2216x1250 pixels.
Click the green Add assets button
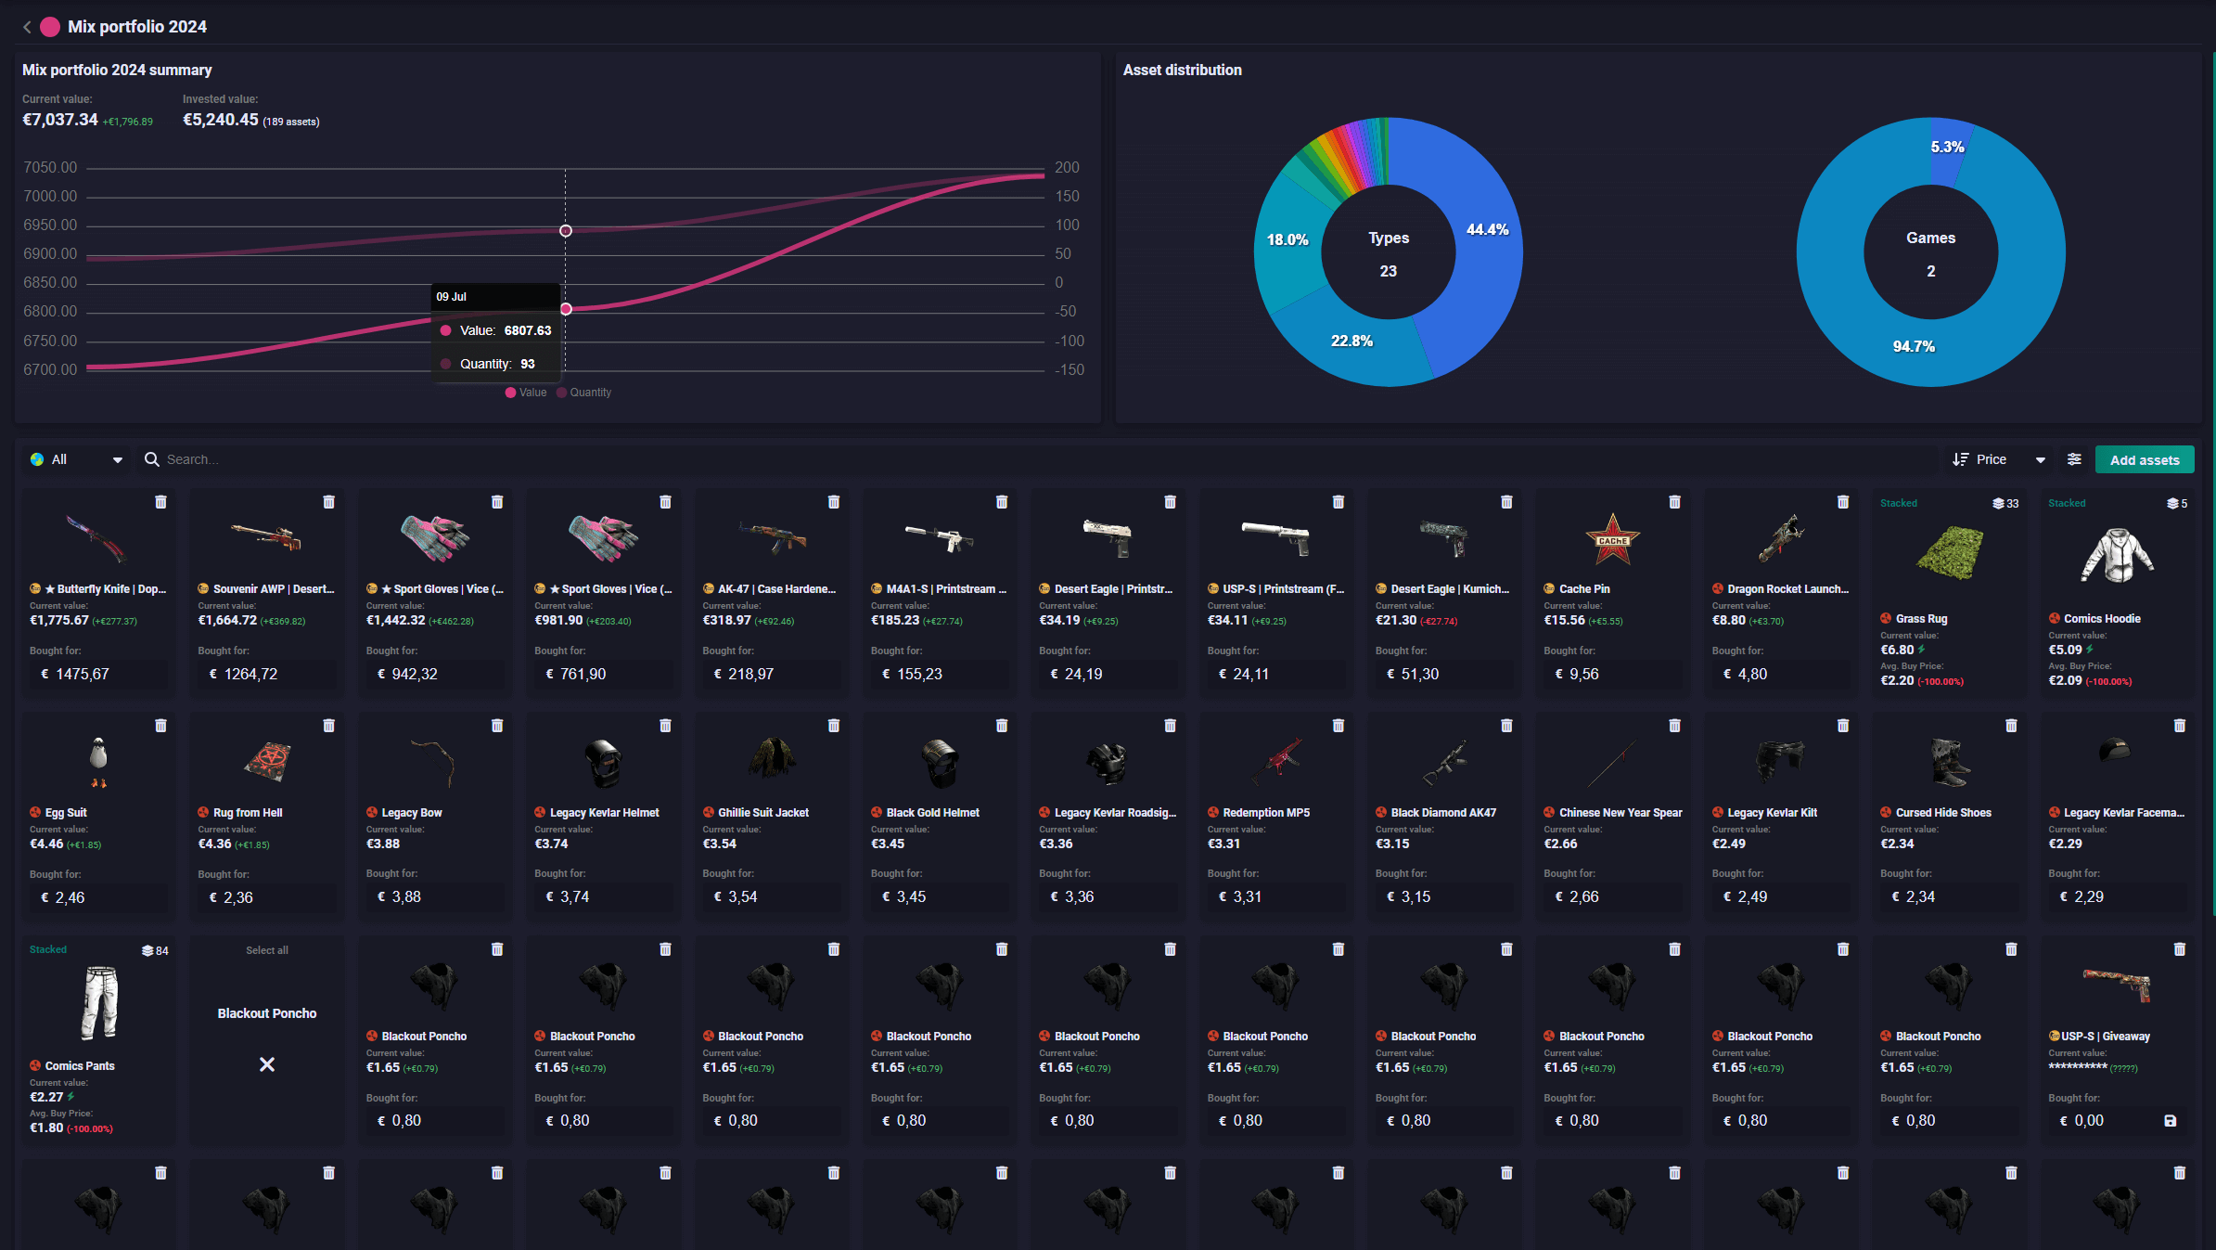pyautogui.click(x=2144, y=460)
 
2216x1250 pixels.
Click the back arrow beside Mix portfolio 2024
pyautogui.click(x=27, y=27)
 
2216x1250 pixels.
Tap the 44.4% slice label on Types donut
pyautogui.click(x=1487, y=230)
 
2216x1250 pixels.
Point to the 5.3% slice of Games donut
pyautogui.click(x=1947, y=148)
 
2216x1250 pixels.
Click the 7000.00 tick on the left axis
pyautogui.click(x=50, y=197)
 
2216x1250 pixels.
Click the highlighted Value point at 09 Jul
pyautogui.click(x=566, y=309)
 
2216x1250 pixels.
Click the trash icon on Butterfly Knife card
pyautogui.click(x=160, y=502)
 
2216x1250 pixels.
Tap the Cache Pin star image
pyautogui.click(x=1612, y=539)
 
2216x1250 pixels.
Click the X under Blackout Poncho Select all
pyautogui.click(x=267, y=1064)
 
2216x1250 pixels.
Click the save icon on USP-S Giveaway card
pyautogui.click(x=2170, y=1121)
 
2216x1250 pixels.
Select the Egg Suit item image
pyautogui.click(x=98, y=761)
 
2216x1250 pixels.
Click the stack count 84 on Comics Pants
pyautogui.click(x=155, y=950)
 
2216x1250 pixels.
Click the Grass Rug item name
pyautogui.click(x=1921, y=619)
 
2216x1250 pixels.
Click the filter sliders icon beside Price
pyautogui.click(x=2074, y=459)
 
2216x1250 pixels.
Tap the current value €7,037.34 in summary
pyautogui.click(x=60, y=120)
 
